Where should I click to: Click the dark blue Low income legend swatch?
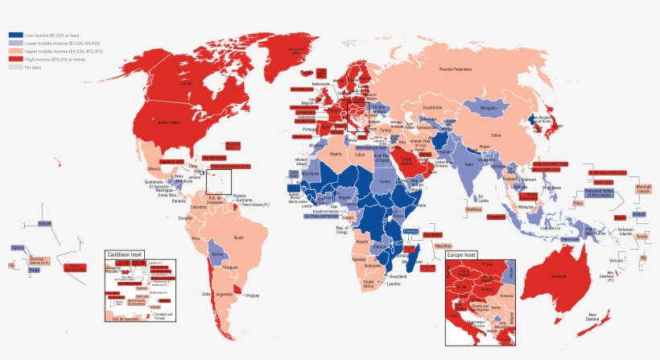15,35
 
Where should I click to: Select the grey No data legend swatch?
15,67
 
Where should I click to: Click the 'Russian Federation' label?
456,69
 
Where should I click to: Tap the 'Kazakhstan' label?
432,108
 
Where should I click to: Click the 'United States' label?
169,122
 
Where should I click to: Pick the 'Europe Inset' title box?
462,255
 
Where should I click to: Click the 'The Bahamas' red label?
214,158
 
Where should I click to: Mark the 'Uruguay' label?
253,296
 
